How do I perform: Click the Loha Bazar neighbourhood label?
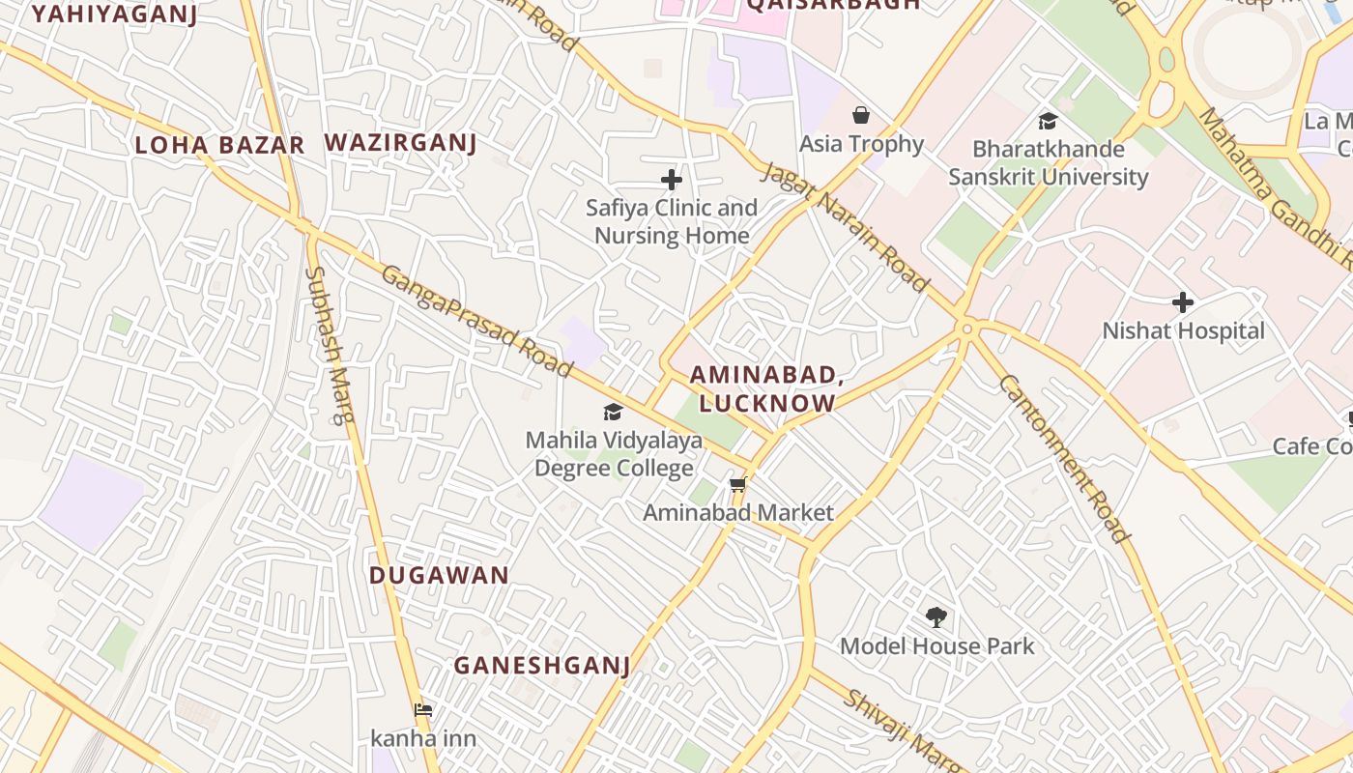coord(219,146)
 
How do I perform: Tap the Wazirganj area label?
coord(400,143)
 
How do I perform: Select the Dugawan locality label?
coord(439,575)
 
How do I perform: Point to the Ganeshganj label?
coord(541,665)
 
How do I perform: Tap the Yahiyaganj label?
coord(114,14)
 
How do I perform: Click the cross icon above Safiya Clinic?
coord(671,180)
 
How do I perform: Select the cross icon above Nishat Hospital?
coord(1182,302)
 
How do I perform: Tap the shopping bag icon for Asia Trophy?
coord(860,116)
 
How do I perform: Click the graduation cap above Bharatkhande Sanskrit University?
coord(1048,121)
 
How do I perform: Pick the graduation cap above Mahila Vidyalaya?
coord(613,413)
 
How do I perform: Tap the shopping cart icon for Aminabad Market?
coord(738,484)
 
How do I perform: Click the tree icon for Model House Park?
coord(936,616)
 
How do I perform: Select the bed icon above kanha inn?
coord(422,710)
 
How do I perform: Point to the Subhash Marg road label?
coord(330,345)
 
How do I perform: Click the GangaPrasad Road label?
coord(476,321)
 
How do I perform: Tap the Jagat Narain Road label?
coord(845,227)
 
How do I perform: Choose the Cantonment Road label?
coord(1062,458)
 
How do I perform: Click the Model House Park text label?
coord(936,646)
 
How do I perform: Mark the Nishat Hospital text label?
coord(1183,331)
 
